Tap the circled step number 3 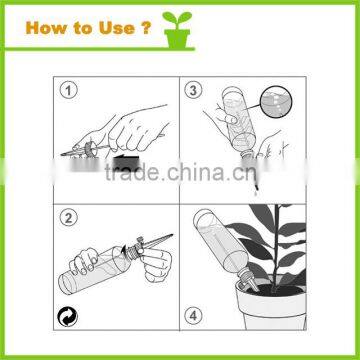coord(196,90)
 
